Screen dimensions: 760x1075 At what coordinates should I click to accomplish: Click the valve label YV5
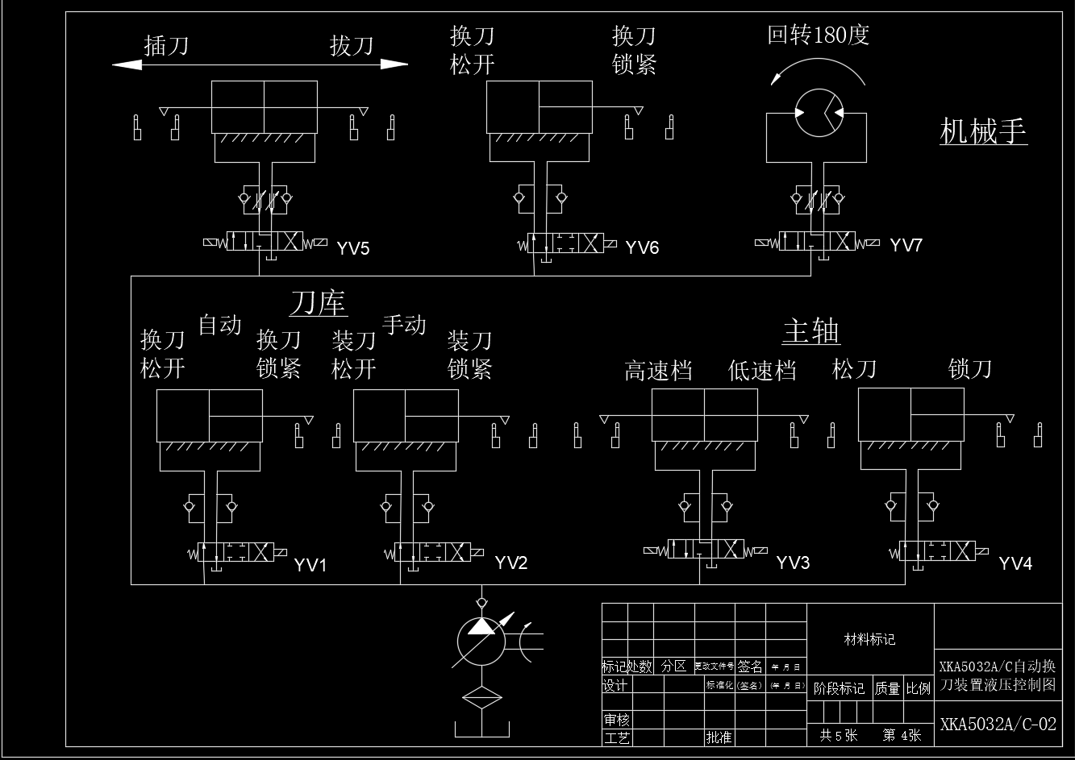tap(352, 247)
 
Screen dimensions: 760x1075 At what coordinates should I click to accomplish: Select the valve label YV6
tap(642, 247)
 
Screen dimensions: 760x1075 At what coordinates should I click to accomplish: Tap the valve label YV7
tap(906, 246)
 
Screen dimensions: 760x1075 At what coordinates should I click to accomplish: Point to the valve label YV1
tap(310, 565)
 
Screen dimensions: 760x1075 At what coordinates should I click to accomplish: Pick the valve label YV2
tap(510, 563)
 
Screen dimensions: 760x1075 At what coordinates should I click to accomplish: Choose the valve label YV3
tap(793, 563)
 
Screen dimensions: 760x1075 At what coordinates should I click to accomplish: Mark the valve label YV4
tap(1015, 563)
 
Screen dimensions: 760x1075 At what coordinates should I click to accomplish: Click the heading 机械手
tap(983, 131)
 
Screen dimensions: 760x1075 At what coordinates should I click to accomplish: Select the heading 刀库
tap(319, 304)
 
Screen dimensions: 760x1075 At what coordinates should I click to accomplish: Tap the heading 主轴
tap(811, 332)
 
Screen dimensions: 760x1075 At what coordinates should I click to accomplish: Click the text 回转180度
tap(818, 35)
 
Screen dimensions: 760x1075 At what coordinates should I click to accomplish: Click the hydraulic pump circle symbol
tap(481, 642)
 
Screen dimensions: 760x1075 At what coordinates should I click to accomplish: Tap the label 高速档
tap(658, 371)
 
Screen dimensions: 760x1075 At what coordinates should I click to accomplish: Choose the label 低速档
tap(762, 371)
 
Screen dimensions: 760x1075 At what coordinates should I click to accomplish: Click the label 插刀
tap(166, 45)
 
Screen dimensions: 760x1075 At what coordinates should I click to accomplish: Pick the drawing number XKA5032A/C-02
tap(998, 724)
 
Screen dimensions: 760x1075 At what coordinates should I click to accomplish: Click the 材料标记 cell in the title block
tap(869, 640)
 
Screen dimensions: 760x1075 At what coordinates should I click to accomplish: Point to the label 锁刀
tap(969, 369)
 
